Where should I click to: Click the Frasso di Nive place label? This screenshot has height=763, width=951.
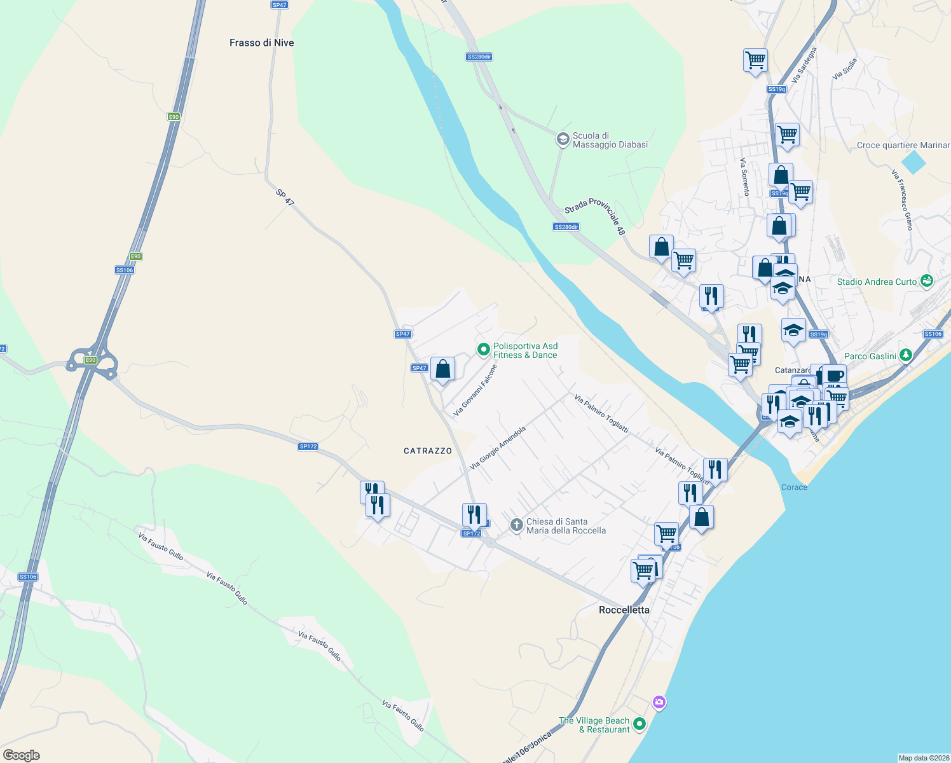[261, 43]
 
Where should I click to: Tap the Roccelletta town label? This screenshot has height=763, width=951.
[624, 610]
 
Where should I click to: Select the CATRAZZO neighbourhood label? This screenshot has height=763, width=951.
[428, 451]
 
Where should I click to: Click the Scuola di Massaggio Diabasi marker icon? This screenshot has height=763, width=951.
[563, 139]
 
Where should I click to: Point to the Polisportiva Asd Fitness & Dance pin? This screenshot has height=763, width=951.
[483, 349]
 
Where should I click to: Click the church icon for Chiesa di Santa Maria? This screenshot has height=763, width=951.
[516, 525]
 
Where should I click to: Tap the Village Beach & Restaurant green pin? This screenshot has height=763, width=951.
[640, 724]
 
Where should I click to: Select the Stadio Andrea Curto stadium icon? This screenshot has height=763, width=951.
[927, 280]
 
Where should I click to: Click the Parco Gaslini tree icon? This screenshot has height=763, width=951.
[907, 355]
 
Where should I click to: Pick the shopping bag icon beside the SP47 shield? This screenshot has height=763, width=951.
[442, 369]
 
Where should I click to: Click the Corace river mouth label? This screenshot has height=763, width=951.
[794, 487]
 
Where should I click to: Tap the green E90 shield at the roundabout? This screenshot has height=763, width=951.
[91, 360]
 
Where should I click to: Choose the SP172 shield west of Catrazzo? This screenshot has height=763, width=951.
[308, 447]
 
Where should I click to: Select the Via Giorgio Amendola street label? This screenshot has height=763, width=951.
[498, 448]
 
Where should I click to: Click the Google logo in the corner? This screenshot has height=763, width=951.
[22, 755]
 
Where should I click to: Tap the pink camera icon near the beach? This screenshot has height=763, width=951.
[659, 702]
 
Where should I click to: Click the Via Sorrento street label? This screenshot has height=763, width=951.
[744, 177]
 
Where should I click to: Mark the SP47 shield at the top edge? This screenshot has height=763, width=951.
[279, 4]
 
